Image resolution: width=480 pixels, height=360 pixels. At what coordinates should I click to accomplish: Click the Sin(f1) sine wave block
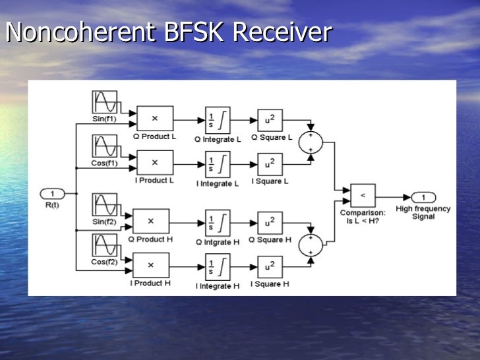pos(105,102)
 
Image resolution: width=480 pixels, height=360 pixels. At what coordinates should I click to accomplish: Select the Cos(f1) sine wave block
pos(105,146)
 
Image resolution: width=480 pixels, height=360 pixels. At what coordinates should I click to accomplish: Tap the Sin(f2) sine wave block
pos(105,204)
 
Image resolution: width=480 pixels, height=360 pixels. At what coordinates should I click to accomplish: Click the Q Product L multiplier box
pos(155,119)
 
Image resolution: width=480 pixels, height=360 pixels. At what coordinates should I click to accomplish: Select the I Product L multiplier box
pos(155,162)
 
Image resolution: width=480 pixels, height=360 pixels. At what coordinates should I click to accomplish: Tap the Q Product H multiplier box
pos(151,222)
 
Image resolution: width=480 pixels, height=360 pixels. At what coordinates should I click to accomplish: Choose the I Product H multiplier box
pos(151,265)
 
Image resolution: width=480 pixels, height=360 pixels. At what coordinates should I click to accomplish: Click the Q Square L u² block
pos(269,120)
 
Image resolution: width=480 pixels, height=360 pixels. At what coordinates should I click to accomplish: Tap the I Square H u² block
pos(269,266)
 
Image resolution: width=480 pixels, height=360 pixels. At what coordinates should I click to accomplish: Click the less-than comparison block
pos(362,196)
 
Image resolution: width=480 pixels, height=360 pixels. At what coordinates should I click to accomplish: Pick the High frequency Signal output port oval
pos(423,197)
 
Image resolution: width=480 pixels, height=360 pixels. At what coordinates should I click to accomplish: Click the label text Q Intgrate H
pos(217,241)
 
